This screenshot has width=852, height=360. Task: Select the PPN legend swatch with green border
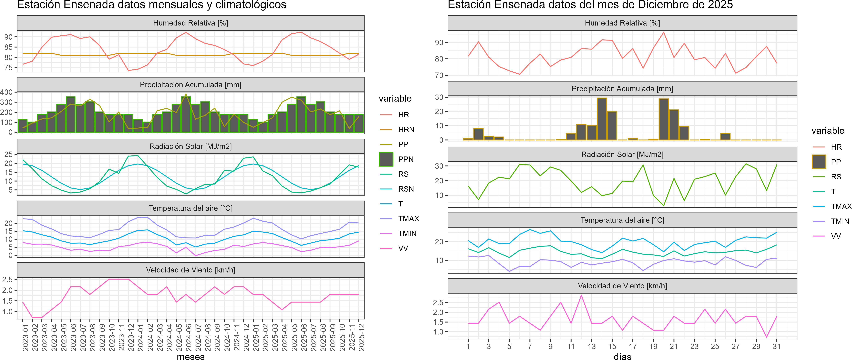pos(386,159)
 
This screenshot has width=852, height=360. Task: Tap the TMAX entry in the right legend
pos(841,206)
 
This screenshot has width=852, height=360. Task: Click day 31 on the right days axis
pos(777,346)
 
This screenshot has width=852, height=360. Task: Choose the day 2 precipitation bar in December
pos(478,134)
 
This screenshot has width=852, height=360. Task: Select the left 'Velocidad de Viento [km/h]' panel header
pos(190,270)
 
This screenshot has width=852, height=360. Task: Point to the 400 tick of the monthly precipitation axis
pos(7,92)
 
